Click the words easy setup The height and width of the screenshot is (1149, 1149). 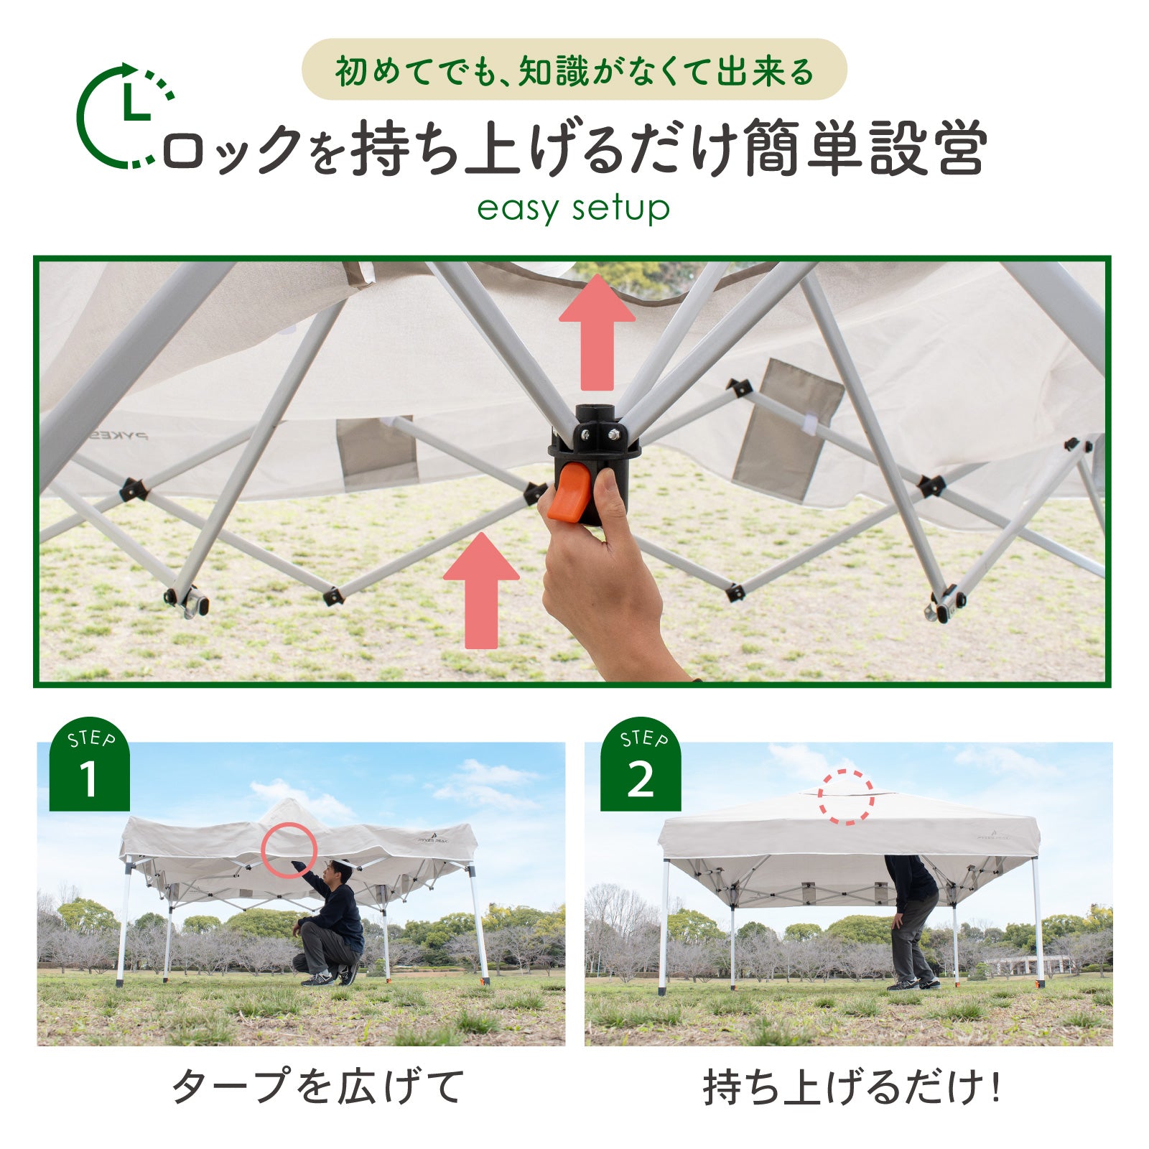coord(573,209)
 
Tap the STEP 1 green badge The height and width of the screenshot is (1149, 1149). coord(89,766)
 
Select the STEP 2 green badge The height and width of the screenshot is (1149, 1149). coord(640,766)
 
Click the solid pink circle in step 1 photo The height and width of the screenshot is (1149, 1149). coord(289,850)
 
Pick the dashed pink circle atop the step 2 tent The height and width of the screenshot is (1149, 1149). coord(846,796)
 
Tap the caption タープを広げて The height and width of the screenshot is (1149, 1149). coord(318,1086)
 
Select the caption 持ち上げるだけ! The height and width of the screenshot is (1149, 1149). coord(852,1087)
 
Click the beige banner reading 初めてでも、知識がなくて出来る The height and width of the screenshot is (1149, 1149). coord(574,70)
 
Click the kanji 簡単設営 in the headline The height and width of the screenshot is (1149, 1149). coord(865,149)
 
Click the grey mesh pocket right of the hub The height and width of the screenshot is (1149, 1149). coord(788,429)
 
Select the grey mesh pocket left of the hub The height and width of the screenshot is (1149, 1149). coord(377,452)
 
